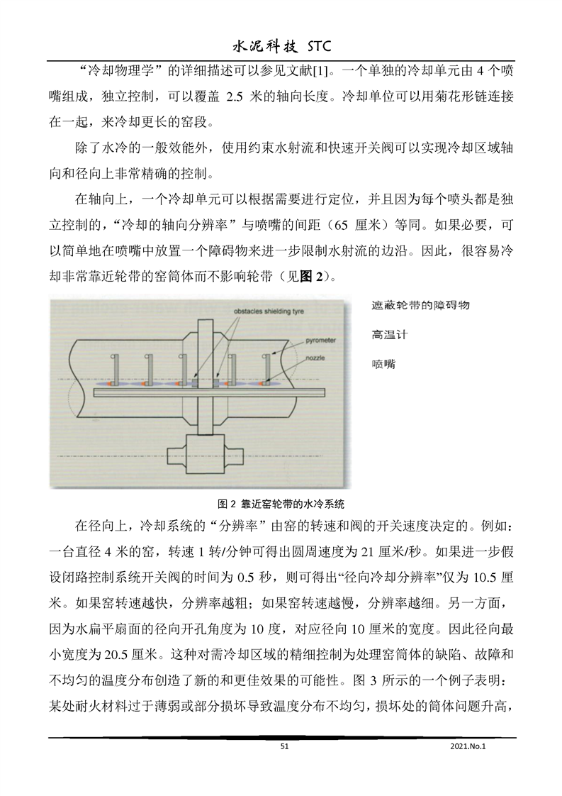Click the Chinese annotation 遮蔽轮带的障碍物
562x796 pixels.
(421, 305)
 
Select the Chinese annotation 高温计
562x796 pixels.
(390, 333)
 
